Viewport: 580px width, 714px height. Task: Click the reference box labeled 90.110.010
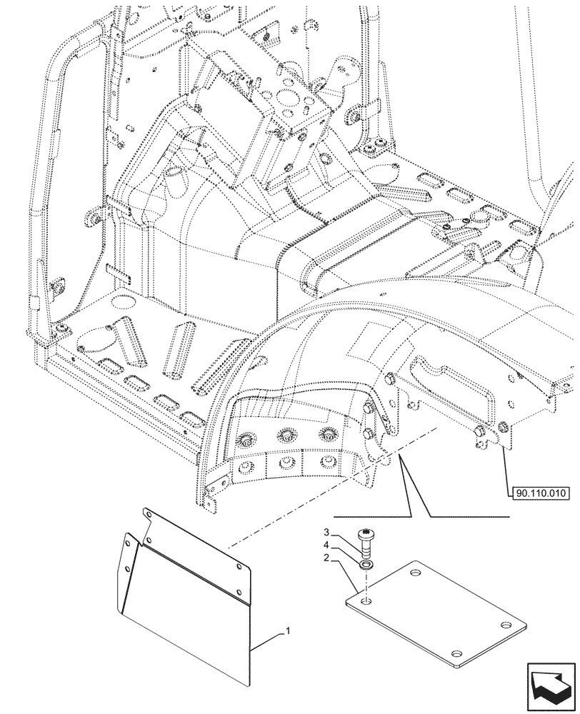[x=539, y=493]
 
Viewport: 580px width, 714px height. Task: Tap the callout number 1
[x=287, y=631]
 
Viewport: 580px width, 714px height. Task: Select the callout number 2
[x=326, y=559]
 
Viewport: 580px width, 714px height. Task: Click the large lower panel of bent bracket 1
[x=186, y=607]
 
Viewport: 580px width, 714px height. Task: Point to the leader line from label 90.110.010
[x=506, y=471]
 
